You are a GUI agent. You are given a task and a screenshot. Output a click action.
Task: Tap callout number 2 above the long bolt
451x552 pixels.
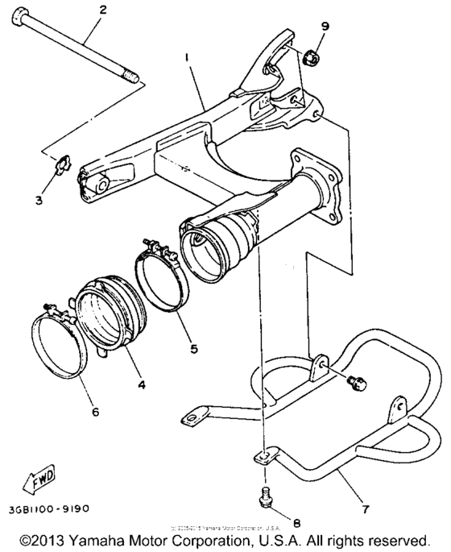tap(101, 10)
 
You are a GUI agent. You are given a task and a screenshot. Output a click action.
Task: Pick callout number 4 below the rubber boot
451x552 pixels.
tap(141, 385)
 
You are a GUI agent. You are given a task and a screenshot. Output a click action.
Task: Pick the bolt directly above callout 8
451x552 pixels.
tap(267, 498)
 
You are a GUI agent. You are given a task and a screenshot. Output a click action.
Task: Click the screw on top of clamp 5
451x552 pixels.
tap(151, 245)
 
